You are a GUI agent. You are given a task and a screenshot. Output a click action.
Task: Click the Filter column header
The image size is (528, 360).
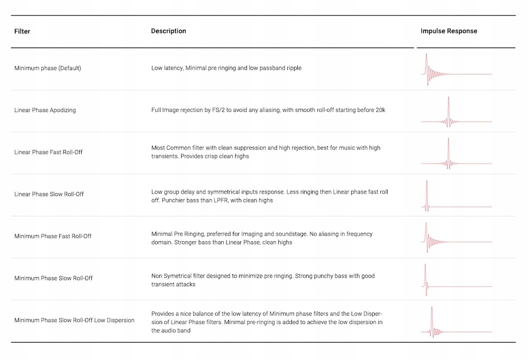tap(22, 32)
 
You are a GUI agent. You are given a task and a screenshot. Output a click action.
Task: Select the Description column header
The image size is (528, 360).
tap(168, 31)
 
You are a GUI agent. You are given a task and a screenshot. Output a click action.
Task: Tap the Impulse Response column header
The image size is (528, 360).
tap(449, 31)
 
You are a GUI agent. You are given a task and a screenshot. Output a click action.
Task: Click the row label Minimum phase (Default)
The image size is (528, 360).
tap(48, 68)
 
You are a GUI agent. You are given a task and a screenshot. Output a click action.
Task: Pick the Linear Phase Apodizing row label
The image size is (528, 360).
tap(45, 110)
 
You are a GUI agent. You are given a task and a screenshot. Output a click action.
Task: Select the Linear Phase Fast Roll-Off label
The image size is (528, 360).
tap(49, 152)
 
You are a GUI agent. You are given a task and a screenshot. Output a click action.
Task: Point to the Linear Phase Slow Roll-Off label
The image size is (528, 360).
tap(49, 194)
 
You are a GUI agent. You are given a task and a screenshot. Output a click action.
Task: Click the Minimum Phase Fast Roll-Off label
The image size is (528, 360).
tap(53, 236)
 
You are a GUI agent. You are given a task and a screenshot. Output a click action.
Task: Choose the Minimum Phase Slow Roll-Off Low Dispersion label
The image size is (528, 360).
tap(74, 320)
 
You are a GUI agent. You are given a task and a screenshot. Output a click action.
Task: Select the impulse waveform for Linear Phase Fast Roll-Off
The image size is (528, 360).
tap(456, 154)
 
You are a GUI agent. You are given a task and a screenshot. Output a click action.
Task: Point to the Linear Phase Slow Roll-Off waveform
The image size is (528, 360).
tap(456, 196)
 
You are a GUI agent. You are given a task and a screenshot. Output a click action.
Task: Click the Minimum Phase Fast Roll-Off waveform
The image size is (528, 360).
tap(456, 238)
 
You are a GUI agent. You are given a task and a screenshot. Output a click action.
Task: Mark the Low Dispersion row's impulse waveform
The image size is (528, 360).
tap(456, 323)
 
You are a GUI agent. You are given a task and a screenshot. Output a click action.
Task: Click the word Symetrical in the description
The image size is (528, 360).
tap(180, 276)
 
